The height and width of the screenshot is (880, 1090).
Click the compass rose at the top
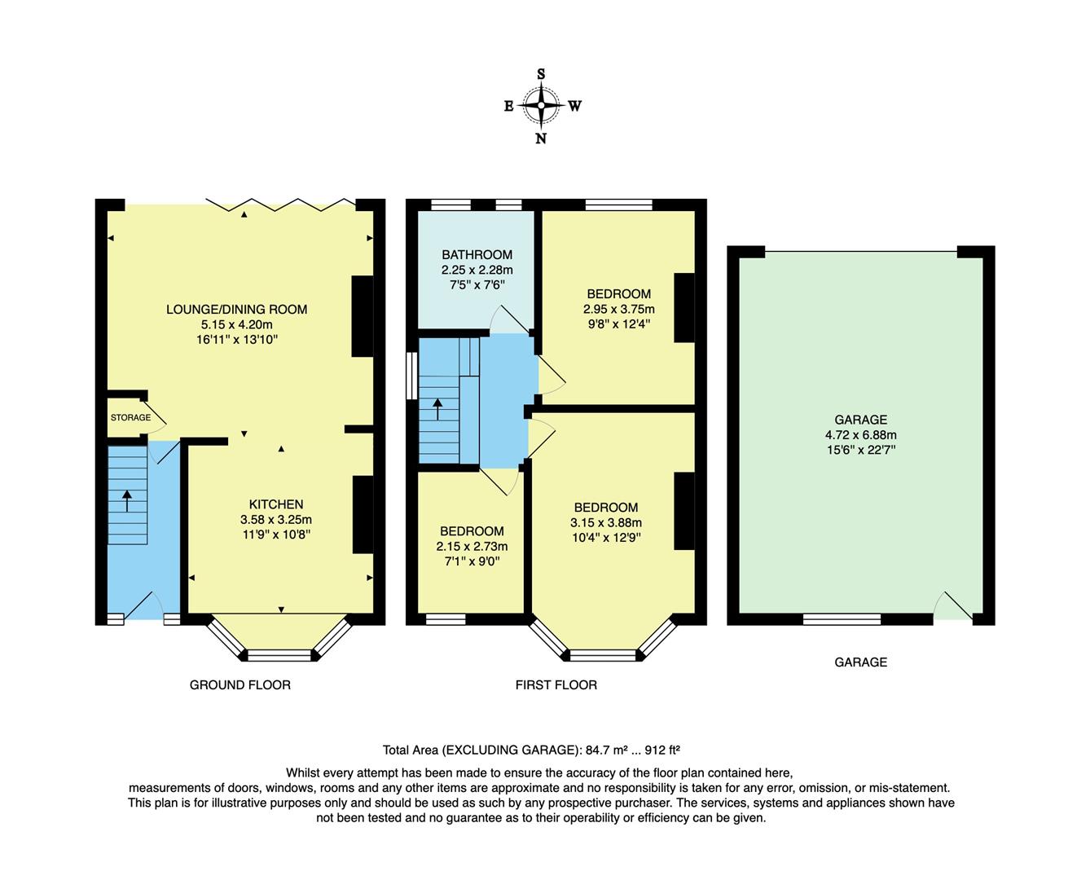click(x=541, y=105)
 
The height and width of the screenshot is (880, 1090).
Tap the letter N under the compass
click(x=541, y=139)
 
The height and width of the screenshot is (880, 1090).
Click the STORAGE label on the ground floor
click(x=130, y=418)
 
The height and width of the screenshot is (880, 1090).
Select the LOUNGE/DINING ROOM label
click(x=236, y=310)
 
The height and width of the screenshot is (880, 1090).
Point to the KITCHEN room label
click(x=275, y=504)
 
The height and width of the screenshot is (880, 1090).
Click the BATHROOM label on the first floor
click(x=477, y=255)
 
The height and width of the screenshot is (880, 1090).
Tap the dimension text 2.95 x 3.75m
click(x=618, y=310)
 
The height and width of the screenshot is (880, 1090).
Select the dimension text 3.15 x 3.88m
click(x=605, y=523)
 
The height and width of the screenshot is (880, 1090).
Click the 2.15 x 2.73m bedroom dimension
click(x=471, y=547)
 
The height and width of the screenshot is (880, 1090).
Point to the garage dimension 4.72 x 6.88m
click(x=860, y=435)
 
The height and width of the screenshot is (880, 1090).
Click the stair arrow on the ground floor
click(x=127, y=499)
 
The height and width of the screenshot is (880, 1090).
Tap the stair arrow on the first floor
click(x=438, y=407)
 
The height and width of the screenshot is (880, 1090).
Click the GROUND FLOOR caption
click(x=240, y=685)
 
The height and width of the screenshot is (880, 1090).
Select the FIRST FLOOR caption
click(x=556, y=685)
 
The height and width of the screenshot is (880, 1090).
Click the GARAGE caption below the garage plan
click(x=860, y=662)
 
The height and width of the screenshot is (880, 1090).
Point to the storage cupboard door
click(x=157, y=416)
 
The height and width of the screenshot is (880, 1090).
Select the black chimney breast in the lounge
click(x=362, y=316)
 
